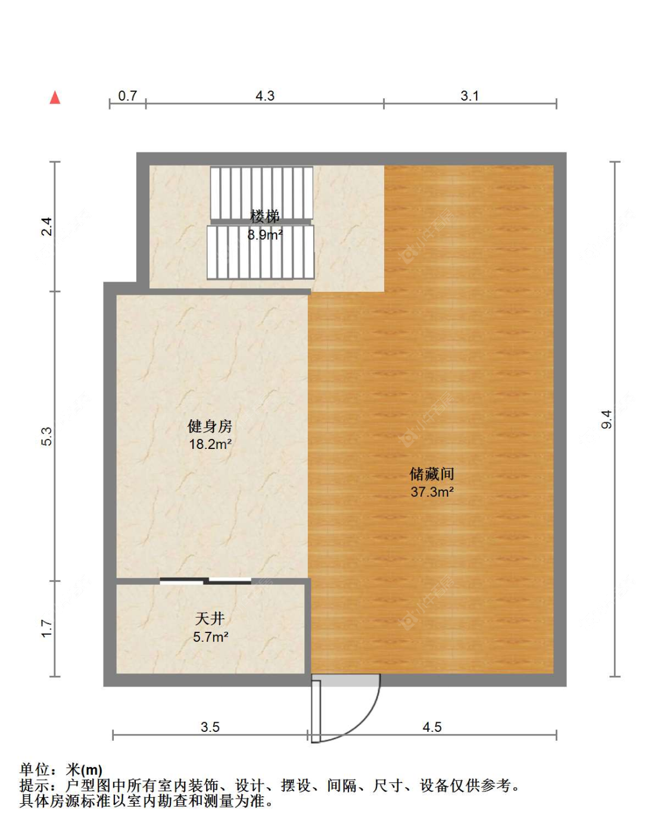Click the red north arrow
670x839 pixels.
55,98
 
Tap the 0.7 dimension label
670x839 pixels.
127,96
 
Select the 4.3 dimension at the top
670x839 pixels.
265,96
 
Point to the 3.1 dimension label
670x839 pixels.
469,96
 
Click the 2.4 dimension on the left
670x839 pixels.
47,227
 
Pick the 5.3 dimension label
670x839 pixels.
47,436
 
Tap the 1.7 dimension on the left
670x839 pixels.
47,628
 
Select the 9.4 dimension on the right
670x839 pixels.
607,419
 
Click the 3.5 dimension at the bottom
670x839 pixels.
210,727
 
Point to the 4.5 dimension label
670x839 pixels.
432,727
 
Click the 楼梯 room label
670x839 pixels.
265,216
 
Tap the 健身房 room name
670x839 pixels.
210,426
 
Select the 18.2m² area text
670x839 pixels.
210,444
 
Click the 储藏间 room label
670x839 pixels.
432,474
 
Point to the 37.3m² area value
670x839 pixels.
432,492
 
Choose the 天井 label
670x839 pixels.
210,619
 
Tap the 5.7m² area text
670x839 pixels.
210,637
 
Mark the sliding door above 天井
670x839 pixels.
205,581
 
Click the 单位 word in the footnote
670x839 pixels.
35,771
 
